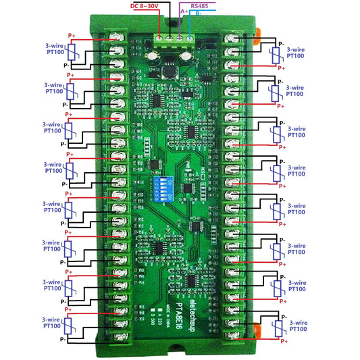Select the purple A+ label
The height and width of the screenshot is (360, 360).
pyautogui.click(x=184, y=11)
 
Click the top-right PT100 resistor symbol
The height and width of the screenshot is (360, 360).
pyautogui.click(x=275, y=54)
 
